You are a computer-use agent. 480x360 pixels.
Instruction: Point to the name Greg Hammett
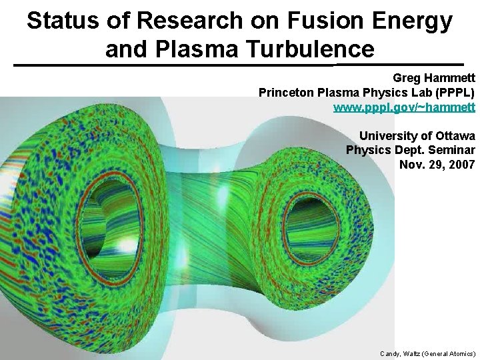click(434, 78)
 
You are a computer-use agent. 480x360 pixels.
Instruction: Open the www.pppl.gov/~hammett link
click(404, 106)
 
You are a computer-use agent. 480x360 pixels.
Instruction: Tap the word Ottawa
click(452, 136)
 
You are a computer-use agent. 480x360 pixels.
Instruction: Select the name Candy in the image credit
click(391, 353)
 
